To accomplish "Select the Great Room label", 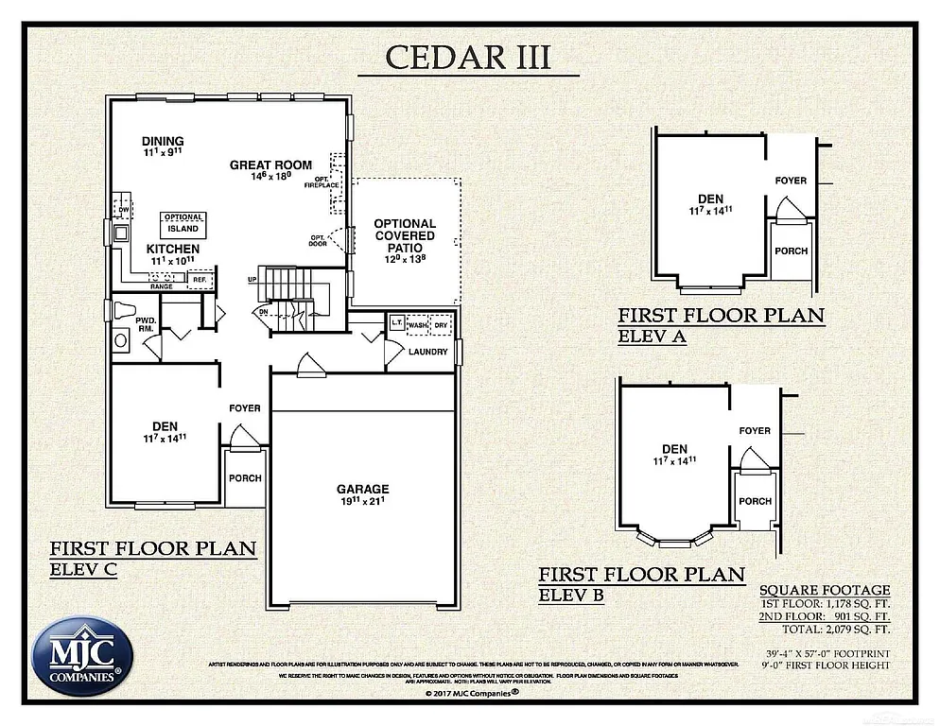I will click(x=270, y=165).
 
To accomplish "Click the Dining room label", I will click(x=163, y=142).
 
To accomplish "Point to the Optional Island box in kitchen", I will click(x=183, y=223).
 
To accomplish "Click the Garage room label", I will click(x=363, y=489).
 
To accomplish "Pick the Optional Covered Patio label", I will click(x=405, y=235).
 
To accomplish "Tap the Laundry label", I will click(x=428, y=352).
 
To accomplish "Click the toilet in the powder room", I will click(x=123, y=311).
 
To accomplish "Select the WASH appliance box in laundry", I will click(x=417, y=324).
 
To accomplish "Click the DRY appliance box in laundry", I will click(x=441, y=324).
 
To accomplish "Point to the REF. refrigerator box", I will click(x=200, y=280).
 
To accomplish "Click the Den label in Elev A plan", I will click(x=711, y=199).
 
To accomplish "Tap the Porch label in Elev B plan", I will click(x=755, y=501).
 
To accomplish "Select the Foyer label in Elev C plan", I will click(x=244, y=408).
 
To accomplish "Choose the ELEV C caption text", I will click(x=83, y=570).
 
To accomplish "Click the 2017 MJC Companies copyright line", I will click(x=469, y=692).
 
